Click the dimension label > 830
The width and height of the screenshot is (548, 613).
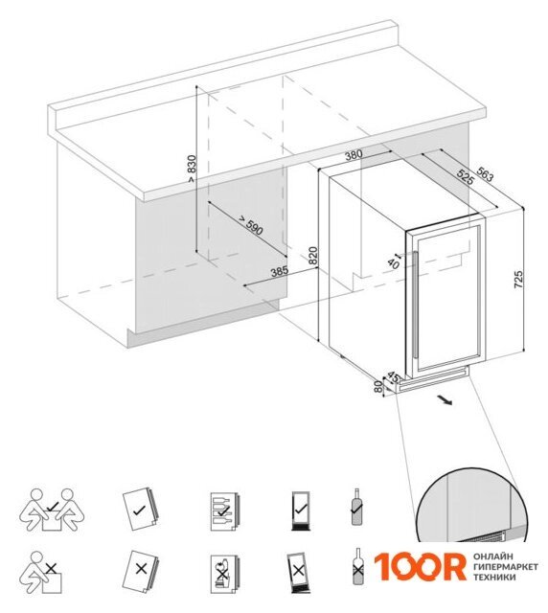tap(192, 169)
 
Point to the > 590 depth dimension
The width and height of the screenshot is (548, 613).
tap(250, 226)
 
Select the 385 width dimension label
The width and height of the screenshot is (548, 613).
tap(280, 271)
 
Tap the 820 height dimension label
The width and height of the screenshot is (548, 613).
tap(312, 256)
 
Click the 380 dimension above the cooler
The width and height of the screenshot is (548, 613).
tap(354, 155)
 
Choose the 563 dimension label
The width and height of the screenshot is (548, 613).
tap(485, 174)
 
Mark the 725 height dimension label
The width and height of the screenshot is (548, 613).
tap(517, 280)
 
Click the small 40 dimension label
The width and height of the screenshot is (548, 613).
tap(393, 264)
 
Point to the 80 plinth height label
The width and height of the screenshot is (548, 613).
tap(377, 387)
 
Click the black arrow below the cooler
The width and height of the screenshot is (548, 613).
tap(445, 400)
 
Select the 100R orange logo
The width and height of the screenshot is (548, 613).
tap(420, 566)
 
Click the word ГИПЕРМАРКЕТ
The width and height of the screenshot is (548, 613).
tap(505, 566)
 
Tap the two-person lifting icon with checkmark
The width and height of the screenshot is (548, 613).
tap(52, 510)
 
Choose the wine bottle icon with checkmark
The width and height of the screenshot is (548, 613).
tap(356, 507)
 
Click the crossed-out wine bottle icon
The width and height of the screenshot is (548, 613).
tap(356, 566)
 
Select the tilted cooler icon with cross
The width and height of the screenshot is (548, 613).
tap(299, 573)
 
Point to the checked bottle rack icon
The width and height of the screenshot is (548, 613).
tap(225, 511)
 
